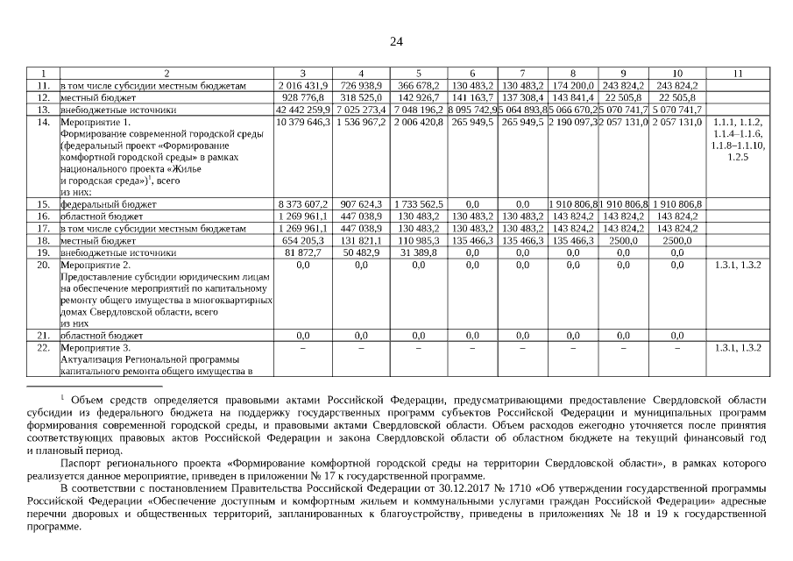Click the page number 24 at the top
pos(396,41)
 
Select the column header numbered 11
pos(738,72)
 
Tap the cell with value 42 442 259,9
pos(302,110)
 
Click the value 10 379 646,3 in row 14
pos(302,123)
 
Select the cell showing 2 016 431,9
pos(302,85)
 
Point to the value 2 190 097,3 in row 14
pos(572,123)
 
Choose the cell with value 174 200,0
pos(572,85)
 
